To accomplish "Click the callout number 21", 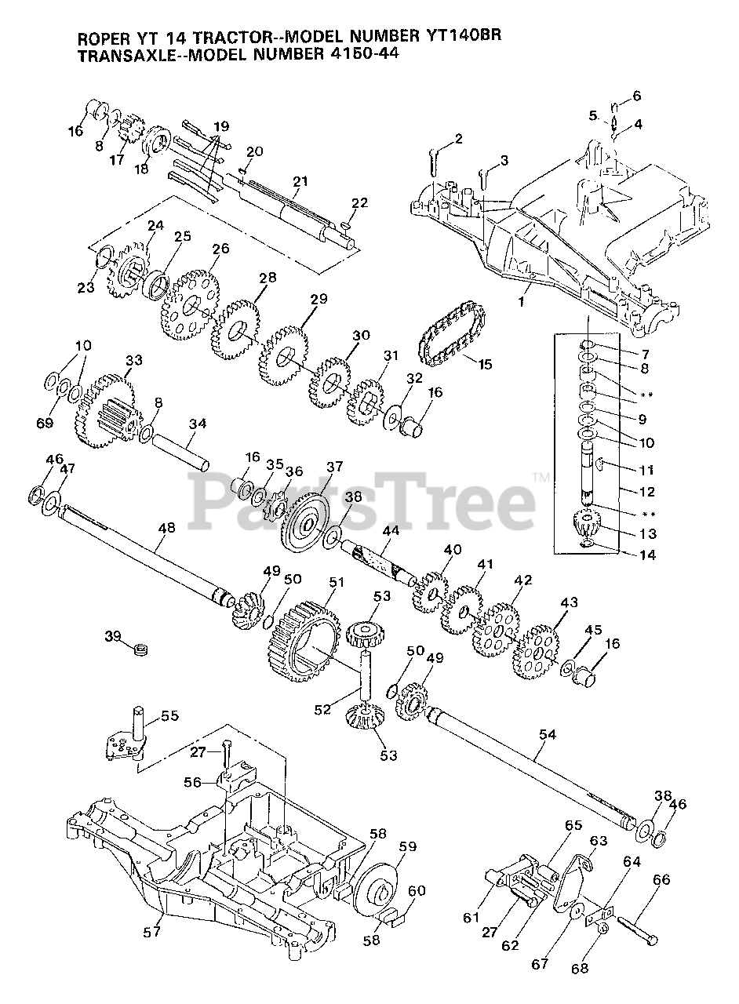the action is click(x=299, y=181).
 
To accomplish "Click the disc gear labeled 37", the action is click(x=310, y=522).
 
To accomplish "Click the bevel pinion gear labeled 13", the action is click(x=588, y=523).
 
